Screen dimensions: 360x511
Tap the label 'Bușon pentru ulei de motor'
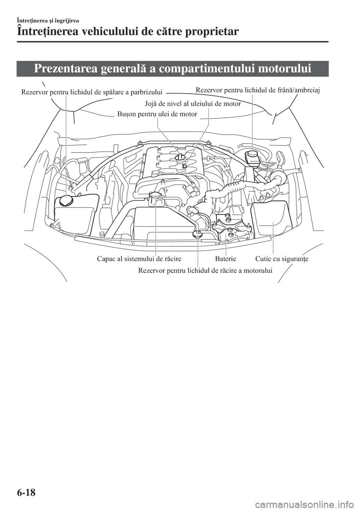click(157, 114)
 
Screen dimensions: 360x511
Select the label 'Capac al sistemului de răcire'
click(139, 259)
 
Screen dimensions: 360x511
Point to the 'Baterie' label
click(226, 259)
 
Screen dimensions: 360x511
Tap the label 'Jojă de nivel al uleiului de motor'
click(192, 104)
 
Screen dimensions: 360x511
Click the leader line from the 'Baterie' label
click(226, 244)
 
